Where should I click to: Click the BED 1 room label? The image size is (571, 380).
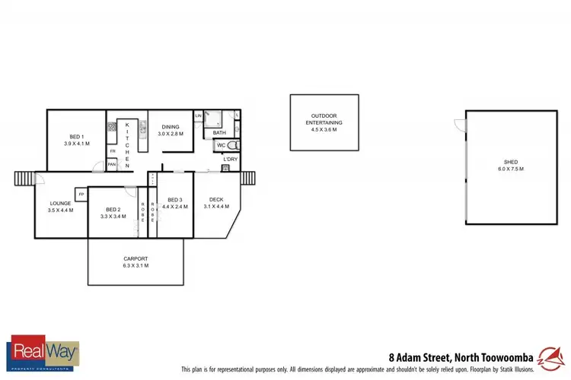click(x=76, y=140)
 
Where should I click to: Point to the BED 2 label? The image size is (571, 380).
click(x=113, y=213)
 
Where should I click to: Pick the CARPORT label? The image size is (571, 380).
click(x=136, y=262)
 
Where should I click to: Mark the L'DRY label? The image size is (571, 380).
click(x=230, y=158)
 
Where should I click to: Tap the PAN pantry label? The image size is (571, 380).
click(x=112, y=164)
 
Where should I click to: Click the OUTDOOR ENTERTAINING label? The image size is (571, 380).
click(x=324, y=122)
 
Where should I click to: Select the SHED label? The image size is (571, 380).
click(x=511, y=165)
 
